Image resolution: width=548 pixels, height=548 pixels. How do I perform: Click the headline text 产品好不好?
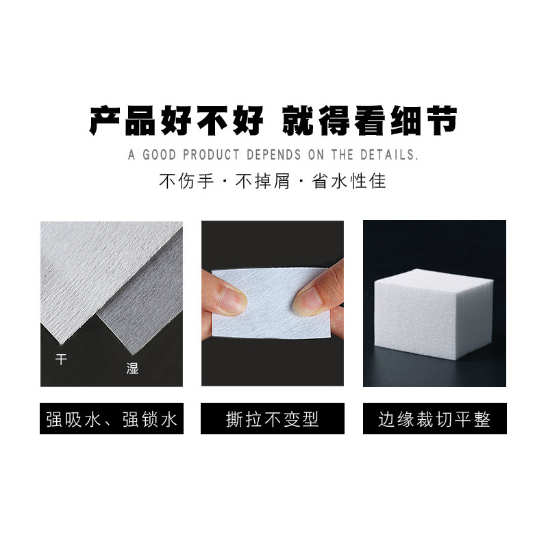click(176, 121)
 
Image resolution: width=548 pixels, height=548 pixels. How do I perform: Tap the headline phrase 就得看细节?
click(370, 121)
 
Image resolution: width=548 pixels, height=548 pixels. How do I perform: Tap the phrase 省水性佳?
click(349, 182)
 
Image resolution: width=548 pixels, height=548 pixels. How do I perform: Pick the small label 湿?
click(132, 368)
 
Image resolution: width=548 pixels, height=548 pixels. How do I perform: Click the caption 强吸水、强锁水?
click(111, 419)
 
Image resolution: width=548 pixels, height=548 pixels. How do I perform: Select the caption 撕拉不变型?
click(272, 419)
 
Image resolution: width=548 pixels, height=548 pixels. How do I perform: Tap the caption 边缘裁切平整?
click(434, 419)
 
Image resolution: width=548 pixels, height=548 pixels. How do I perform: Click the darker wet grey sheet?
click(147, 301)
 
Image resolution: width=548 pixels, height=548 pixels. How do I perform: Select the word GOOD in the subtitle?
click(158, 155)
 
